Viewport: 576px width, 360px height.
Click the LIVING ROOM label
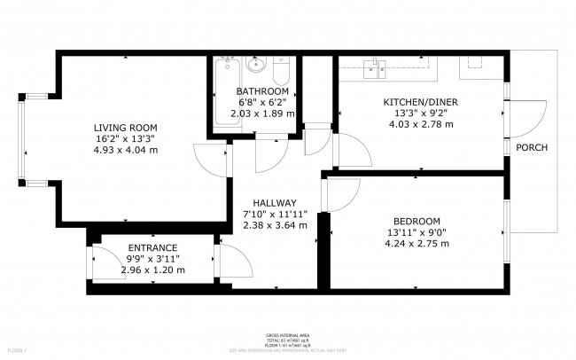126,127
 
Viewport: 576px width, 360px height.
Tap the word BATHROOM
261,91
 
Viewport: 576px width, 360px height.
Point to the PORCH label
532,147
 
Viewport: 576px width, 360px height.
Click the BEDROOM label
416,221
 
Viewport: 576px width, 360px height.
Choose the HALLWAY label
275,203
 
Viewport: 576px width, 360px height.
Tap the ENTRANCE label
152,247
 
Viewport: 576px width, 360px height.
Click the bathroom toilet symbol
281,70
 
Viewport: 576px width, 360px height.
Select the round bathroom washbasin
256,66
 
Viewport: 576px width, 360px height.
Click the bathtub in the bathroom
223,98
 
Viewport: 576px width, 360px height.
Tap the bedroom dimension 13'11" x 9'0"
416,232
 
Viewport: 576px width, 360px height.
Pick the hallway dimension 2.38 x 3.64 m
275,225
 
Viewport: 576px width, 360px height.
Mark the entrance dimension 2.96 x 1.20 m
152,270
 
